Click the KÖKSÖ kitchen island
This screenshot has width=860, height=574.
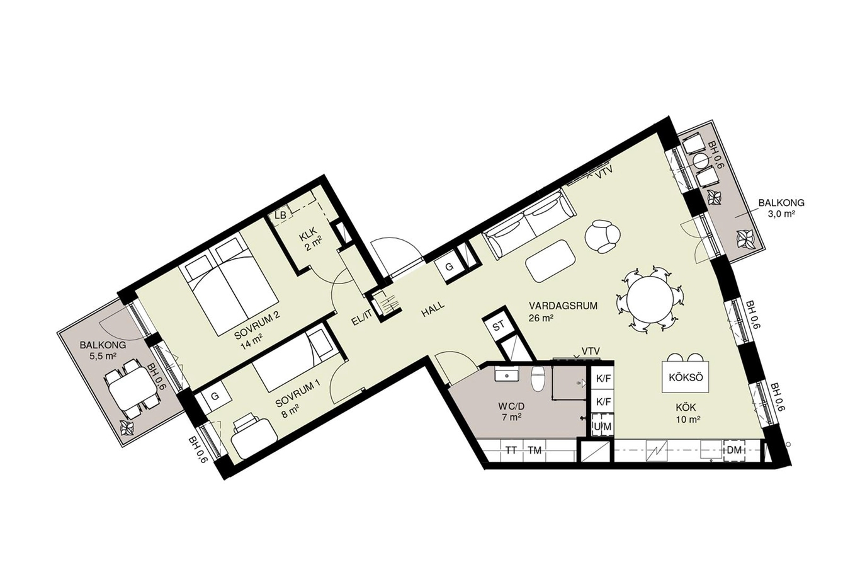[x=686, y=377]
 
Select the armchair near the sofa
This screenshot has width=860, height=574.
[x=602, y=236]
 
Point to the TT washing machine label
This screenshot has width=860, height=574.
[x=511, y=451]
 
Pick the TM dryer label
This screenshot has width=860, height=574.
[x=535, y=451]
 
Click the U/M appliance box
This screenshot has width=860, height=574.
[x=602, y=426]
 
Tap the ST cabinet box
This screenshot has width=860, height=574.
[x=499, y=326]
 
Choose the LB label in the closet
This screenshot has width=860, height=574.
[x=281, y=215]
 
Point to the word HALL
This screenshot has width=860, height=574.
[x=433, y=309]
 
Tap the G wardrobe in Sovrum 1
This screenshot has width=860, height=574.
[x=215, y=397]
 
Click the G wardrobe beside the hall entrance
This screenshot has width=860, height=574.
[x=449, y=267]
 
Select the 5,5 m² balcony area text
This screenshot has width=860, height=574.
[x=103, y=356]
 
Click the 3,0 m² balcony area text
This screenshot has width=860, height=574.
[x=781, y=214]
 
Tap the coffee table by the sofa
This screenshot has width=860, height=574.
[x=550, y=261]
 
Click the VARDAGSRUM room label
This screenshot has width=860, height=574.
[x=563, y=306]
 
